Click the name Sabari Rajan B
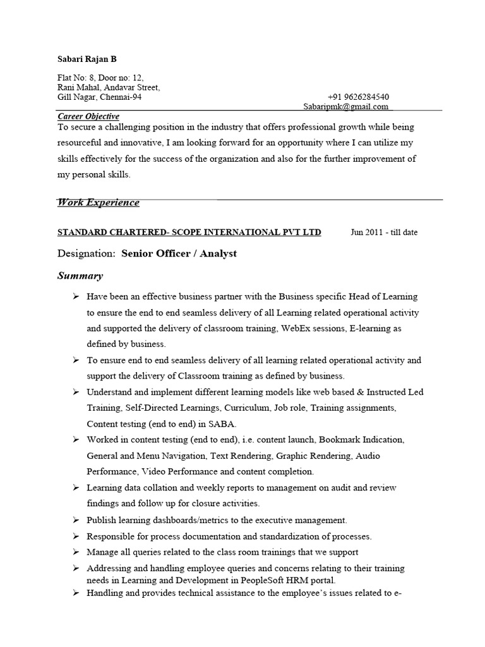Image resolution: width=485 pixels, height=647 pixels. (x=87, y=59)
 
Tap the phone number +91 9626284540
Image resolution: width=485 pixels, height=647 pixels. (x=358, y=97)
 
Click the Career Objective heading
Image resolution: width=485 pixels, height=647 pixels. (x=88, y=116)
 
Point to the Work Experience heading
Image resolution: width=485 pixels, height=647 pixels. (x=99, y=202)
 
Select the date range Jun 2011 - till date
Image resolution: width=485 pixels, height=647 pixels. (x=384, y=233)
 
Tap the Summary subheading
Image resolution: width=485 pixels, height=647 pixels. (x=80, y=276)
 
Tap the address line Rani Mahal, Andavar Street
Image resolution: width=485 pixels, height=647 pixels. (x=109, y=88)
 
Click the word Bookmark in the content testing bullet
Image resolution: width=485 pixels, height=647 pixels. (x=341, y=440)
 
